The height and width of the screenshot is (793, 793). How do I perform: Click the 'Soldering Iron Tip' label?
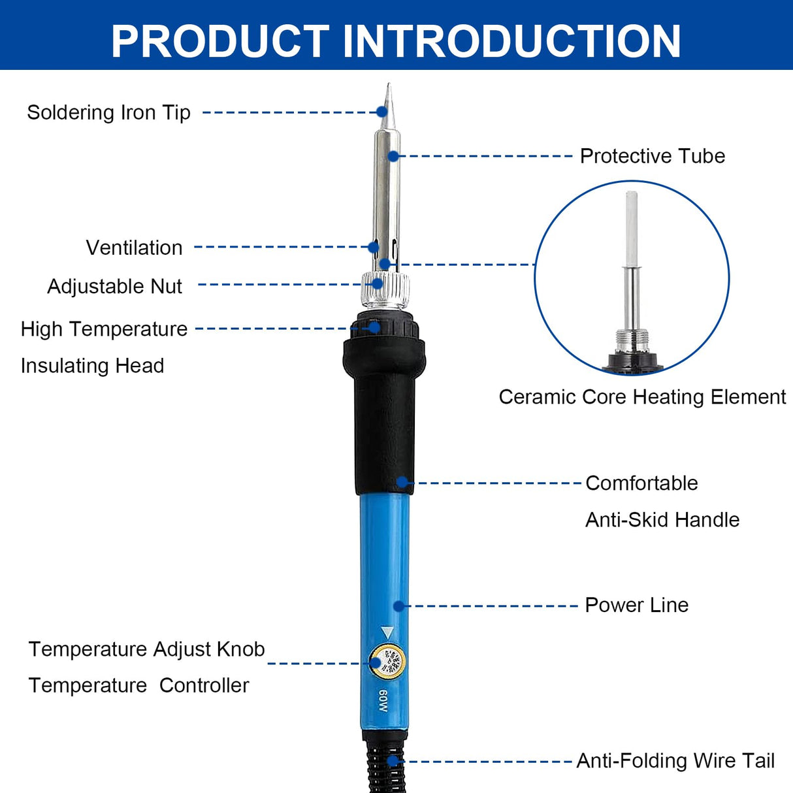pyautogui.click(x=108, y=112)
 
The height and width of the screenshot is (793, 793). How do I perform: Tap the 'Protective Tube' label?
pyautogui.click(x=652, y=156)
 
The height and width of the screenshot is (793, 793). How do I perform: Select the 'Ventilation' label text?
pyautogui.click(x=134, y=248)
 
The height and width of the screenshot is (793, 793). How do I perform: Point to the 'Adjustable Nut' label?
pyautogui.click(x=114, y=286)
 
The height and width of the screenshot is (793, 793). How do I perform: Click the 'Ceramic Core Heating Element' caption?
pyautogui.click(x=642, y=397)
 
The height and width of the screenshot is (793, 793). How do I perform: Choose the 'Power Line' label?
pyautogui.click(x=636, y=605)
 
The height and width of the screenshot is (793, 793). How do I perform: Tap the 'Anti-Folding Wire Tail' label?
pyautogui.click(x=675, y=761)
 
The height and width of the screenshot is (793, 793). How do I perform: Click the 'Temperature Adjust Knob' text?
pyautogui.click(x=146, y=649)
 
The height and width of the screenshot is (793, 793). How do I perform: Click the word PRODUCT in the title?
pyautogui.click(x=220, y=41)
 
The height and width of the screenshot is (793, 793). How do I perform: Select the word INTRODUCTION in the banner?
pyautogui.click(x=511, y=41)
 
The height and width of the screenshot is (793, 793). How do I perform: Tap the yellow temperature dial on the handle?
pyautogui.click(x=387, y=662)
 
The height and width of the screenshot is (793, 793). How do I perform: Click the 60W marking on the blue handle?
pyautogui.click(x=383, y=701)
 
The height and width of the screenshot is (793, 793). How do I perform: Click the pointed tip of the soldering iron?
pyautogui.click(x=388, y=88)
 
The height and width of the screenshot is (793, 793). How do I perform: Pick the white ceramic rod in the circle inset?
pyautogui.click(x=631, y=229)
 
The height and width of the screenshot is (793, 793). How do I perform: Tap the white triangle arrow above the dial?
pyautogui.click(x=387, y=632)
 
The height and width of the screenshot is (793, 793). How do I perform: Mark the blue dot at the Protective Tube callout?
pyautogui.click(x=393, y=156)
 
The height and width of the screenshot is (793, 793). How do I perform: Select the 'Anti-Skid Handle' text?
pyautogui.click(x=662, y=520)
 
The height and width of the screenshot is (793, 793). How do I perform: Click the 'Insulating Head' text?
pyautogui.click(x=92, y=366)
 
